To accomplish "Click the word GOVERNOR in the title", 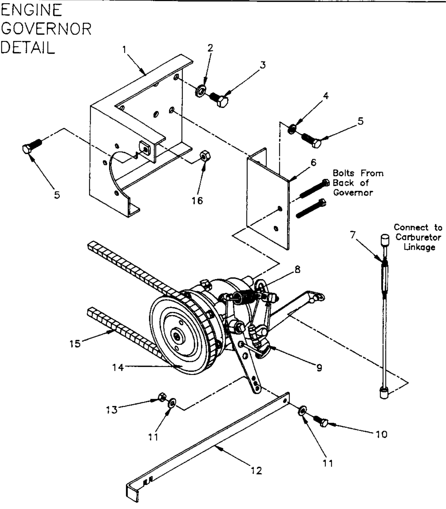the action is [46, 29].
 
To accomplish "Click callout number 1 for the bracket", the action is [124, 50].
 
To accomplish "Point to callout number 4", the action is [326, 96].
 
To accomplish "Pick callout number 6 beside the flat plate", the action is [313, 163].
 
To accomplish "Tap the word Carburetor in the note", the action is [418, 237].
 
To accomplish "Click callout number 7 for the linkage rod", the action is [353, 235].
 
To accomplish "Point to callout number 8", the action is [297, 269].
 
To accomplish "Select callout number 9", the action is [319, 368].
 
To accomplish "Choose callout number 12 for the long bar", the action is [257, 471].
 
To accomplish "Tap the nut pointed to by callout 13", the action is [162, 397].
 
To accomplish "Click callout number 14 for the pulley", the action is [118, 367].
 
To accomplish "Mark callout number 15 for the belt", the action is [75, 344].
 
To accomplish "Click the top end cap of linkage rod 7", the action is [385, 240].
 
